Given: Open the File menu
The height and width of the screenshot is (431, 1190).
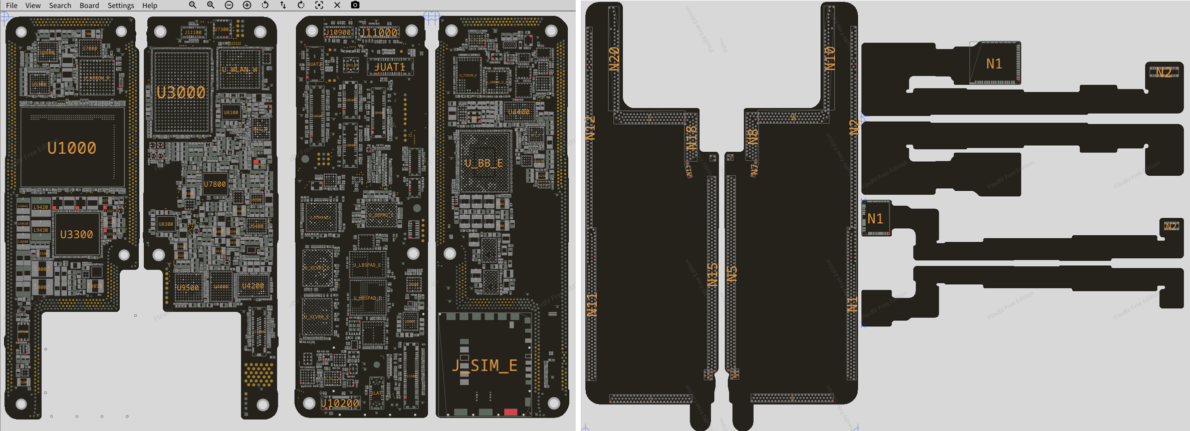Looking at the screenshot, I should (x=12, y=6).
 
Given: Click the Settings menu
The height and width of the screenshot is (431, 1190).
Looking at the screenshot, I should (x=121, y=6).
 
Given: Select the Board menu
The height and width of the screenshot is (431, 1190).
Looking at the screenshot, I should (x=89, y=6).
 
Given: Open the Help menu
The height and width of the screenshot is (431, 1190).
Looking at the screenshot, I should (x=149, y=6).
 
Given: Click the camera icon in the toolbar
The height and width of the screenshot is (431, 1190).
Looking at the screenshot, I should (x=355, y=5).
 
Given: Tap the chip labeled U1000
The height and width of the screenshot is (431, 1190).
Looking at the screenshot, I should (x=72, y=148).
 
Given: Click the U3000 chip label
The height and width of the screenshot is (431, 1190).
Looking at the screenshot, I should (x=181, y=93).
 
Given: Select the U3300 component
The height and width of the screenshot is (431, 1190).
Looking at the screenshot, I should (x=76, y=234).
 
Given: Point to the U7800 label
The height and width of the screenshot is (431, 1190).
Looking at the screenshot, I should (x=214, y=184).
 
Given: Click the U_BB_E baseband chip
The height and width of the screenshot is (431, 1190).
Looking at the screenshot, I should (x=484, y=163).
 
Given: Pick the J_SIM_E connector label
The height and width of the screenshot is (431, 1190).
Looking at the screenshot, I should (x=485, y=365).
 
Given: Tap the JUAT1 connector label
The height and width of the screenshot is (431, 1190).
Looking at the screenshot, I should (x=390, y=67).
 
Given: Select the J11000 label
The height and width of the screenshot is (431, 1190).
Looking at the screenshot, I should (x=379, y=33).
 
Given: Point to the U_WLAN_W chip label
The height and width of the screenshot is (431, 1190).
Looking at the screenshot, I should (x=240, y=70).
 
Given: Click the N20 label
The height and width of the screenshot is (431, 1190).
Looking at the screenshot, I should (x=614, y=59).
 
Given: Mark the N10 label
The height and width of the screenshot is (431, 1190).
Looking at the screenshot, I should (x=830, y=58).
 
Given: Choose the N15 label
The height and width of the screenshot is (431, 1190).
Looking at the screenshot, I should (x=712, y=274).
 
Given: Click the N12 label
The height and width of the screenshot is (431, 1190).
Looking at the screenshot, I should (x=590, y=128).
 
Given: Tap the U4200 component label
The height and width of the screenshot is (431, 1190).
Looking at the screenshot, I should (x=253, y=286).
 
